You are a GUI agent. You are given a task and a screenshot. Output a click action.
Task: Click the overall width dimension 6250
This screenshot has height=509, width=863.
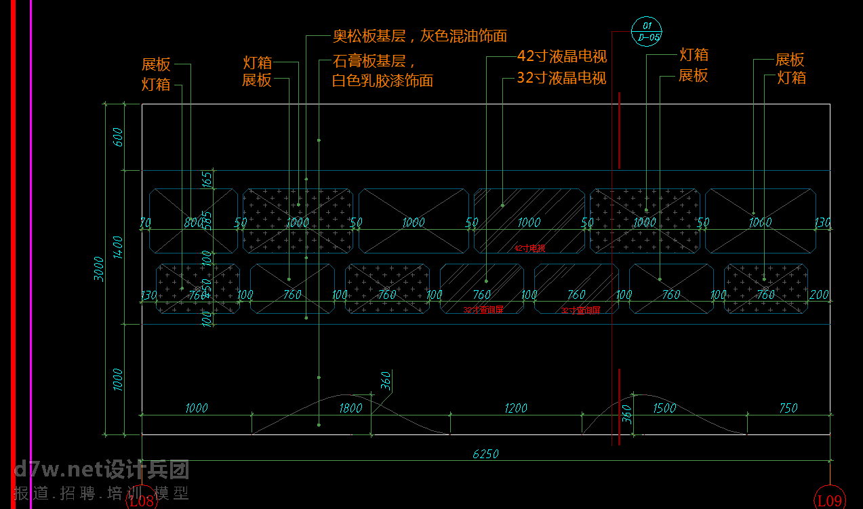(485, 453)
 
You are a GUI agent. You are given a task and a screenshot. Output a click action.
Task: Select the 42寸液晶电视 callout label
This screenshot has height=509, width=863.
(561, 56)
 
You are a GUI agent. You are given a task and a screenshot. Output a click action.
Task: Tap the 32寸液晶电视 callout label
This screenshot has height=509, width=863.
(561, 77)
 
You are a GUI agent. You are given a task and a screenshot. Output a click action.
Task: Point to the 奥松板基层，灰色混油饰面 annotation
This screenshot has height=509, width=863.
(420, 36)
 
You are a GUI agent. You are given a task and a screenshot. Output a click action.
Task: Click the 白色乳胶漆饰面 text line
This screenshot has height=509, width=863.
(382, 81)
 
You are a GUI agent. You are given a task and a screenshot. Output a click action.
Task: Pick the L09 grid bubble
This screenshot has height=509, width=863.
(830, 500)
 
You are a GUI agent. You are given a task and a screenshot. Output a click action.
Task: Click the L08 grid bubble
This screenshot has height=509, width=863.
(142, 502)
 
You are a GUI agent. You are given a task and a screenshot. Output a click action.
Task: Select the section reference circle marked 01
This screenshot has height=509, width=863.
(646, 32)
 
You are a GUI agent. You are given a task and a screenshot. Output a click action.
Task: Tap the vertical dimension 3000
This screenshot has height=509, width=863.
(100, 268)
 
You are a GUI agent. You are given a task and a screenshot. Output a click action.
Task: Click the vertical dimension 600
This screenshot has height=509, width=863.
(118, 138)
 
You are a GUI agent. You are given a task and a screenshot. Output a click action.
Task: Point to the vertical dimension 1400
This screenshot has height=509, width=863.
(118, 247)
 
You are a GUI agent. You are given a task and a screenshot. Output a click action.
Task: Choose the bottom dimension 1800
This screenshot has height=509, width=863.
(350, 408)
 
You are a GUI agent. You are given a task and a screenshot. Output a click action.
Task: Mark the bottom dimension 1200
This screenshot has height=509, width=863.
(516, 408)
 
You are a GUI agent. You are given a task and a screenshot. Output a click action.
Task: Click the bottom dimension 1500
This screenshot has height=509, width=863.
(664, 408)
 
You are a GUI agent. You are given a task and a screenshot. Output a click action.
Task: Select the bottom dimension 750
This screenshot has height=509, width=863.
(788, 408)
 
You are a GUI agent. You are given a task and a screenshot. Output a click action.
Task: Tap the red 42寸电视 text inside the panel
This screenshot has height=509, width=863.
(529, 248)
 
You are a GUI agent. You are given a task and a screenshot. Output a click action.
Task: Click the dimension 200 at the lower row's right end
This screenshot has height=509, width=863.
(820, 295)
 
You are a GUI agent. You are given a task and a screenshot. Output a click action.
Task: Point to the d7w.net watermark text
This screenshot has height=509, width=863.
(102, 469)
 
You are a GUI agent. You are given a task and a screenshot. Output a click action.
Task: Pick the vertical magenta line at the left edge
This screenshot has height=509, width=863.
(31, 254)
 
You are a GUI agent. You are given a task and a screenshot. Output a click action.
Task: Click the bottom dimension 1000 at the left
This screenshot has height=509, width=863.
(196, 408)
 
